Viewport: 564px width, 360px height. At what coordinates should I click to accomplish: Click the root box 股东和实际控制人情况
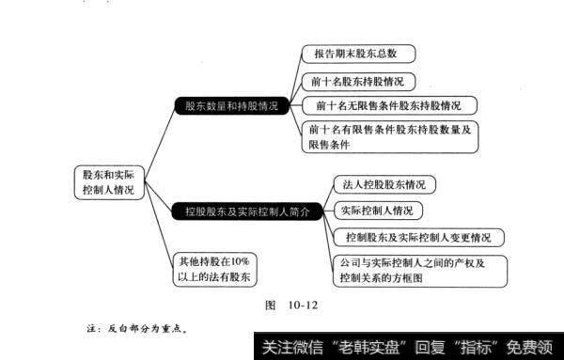108,181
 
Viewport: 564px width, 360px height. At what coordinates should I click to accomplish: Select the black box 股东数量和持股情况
230,106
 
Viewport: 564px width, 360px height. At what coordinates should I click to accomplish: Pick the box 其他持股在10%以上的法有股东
213,267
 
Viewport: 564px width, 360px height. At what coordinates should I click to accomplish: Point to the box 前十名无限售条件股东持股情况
388,104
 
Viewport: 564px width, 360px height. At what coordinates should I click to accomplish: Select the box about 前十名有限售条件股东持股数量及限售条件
389,137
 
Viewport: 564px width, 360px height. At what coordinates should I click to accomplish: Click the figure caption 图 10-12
293,305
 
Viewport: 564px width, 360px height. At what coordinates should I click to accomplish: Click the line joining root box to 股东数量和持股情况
156,140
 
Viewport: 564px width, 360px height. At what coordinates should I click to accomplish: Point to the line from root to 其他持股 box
156,226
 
